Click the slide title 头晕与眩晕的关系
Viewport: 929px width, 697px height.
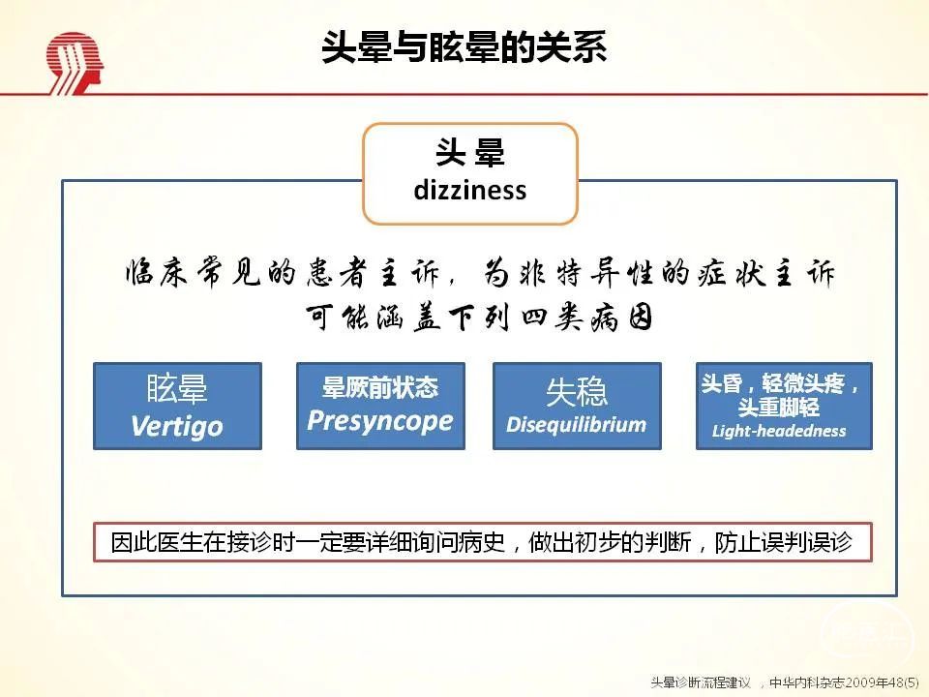click(464, 46)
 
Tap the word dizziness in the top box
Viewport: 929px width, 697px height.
click(470, 191)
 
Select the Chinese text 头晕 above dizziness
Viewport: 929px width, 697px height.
click(470, 152)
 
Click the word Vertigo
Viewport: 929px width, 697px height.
click(176, 426)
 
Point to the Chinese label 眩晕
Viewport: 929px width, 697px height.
click(177, 389)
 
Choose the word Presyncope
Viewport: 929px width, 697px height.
click(379, 421)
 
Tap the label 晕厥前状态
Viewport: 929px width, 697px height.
click(379, 387)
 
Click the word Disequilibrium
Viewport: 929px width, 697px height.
click(576, 425)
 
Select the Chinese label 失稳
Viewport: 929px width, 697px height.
click(577, 392)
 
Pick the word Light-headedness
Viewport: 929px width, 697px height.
click(779, 431)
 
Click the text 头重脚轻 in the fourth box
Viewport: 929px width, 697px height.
click(778, 408)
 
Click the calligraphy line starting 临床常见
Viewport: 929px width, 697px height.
click(481, 273)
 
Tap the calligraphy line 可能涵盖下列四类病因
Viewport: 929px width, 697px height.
click(479, 318)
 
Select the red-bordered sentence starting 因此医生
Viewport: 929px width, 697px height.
click(482, 542)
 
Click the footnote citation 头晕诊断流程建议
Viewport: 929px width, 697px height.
click(701, 682)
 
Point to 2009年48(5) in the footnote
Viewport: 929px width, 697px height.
click(883, 682)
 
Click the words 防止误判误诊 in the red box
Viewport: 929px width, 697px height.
click(784, 542)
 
